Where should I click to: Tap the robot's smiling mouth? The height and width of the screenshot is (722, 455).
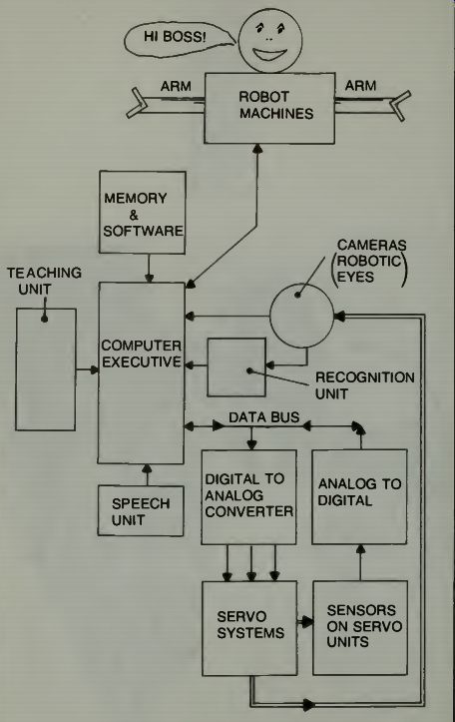pyautogui.click(x=270, y=54)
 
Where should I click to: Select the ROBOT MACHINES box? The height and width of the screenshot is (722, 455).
pyautogui.click(x=269, y=108)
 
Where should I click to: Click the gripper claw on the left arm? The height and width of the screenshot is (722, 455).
pyautogui.click(x=137, y=103)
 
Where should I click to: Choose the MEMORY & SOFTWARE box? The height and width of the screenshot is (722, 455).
pyautogui.click(x=143, y=213)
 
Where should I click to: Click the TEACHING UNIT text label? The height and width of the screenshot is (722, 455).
pyautogui.click(x=44, y=281)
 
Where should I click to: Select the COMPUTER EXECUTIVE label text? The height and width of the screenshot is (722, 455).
pyautogui.click(x=142, y=354)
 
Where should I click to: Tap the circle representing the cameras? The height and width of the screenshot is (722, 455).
pyautogui.click(x=301, y=316)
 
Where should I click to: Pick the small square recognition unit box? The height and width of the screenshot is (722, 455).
pyautogui.click(x=236, y=366)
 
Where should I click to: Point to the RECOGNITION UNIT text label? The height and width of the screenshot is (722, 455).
pyautogui.click(x=364, y=385)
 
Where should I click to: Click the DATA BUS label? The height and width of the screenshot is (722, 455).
pyautogui.click(x=264, y=417)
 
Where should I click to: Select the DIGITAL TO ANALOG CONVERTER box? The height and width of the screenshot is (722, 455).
pyautogui.click(x=248, y=497)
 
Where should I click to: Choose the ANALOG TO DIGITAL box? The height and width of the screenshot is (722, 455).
pyautogui.click(x=360, y=497)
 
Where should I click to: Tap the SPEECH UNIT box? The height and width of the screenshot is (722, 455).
pyautogui.click(x=141, y=511)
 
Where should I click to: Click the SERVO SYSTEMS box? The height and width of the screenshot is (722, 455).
pyautogui.click(x=249, y=628)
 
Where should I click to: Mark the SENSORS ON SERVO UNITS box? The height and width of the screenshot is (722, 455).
pyautogui.click(x=360, y=627)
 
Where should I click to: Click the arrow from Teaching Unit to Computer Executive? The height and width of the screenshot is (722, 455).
pyautogui.click(x=88, y=369)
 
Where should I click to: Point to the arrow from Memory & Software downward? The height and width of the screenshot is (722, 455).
pyautogui.click(x=149, y=268)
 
